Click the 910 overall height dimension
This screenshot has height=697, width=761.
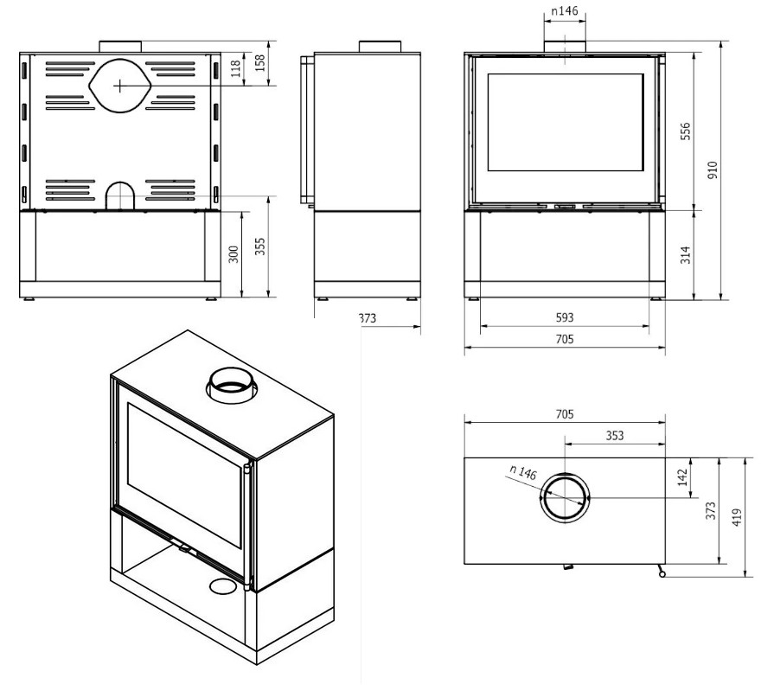tap(713, 168)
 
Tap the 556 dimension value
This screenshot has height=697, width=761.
tap(685, 131)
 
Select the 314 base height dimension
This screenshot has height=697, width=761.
tap(685, 254)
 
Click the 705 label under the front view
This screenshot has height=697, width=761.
tap(564, 341)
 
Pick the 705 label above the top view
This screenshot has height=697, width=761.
tap(564, 415)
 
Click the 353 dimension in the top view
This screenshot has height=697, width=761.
tap(614, 436)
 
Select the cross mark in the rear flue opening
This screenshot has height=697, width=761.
tap(119, 85)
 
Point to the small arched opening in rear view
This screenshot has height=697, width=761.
tap(119, 196)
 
